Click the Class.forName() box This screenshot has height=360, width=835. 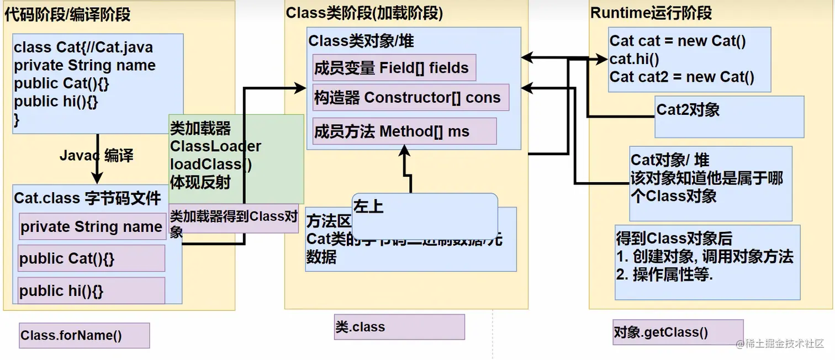point(84,335)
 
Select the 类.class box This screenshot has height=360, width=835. point(399,327)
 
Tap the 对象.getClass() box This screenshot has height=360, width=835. point(678,332)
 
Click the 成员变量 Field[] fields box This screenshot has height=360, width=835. point(394,68)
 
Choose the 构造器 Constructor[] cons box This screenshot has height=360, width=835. point(410,98)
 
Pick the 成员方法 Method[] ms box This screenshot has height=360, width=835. point(404,131)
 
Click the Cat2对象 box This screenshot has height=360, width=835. point(729,117)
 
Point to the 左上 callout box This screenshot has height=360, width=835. point(425,215)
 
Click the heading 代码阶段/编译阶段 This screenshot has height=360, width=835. point(67,14)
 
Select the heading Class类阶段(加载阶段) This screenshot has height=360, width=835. point(364,13)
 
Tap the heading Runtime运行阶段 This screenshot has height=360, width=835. point(651,13)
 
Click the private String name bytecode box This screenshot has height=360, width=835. point(92,226)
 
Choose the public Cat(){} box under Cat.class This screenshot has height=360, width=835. point(91,258)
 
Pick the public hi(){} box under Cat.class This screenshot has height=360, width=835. point(91,290)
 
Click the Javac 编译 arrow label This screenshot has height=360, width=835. point(96,156)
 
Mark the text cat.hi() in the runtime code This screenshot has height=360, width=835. point(634,59)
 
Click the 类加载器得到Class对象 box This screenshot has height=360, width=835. point(234,223)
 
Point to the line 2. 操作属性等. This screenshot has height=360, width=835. point(664,274)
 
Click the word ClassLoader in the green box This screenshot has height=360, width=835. point(215,146)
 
